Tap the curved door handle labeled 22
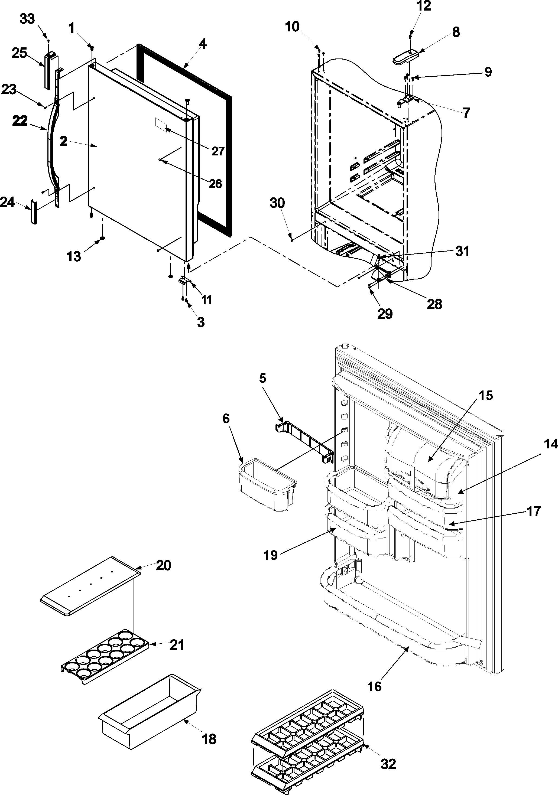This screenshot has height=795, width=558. point(52,145)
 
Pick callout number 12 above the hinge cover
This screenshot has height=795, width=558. point(424,6)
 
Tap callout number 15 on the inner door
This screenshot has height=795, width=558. point(486,395)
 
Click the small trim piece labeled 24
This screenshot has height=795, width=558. point(33,211)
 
